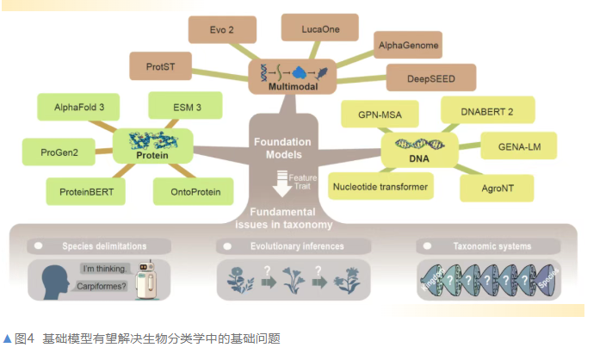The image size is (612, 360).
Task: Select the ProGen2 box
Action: [x=53, y=152]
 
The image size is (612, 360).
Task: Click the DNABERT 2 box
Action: [x=487, y=110]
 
